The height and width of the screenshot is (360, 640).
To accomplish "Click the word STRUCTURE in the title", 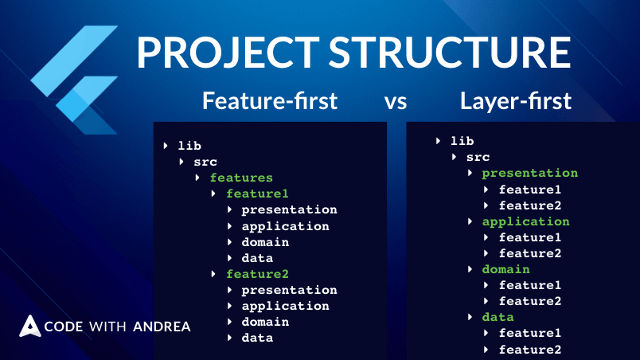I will point(451,53).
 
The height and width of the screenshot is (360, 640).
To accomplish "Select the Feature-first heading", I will point(269,101).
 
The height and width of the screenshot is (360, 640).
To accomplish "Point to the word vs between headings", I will point(396,102).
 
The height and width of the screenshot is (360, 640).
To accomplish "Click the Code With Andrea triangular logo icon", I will point(30,326).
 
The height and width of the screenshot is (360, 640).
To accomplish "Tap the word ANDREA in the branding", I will point(162,327).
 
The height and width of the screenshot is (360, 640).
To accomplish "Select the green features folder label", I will point(240,178).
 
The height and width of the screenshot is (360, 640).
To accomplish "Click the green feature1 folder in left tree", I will point(257,194).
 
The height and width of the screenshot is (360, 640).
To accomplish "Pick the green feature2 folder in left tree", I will point(257,274).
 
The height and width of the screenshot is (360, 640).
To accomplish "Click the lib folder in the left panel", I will point(189,146).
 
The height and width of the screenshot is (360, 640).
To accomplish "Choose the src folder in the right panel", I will point(478,157).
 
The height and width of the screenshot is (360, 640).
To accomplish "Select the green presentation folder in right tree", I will point(529,173).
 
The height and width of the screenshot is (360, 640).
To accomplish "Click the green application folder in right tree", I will point(525,221).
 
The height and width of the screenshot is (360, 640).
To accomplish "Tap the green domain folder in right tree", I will point(505,269).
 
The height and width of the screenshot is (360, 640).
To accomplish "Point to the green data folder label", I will point(498,317).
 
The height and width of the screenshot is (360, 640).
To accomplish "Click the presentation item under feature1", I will point(289,209).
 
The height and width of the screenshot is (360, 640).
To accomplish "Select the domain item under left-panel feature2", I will point(265,322).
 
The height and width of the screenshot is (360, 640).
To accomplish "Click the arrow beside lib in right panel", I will point(439,141).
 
